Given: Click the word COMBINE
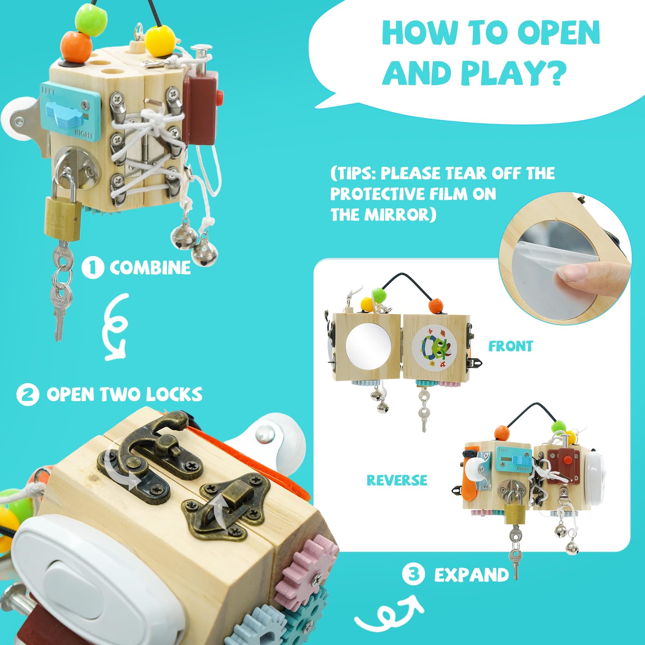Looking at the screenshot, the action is pyautogui.click(x=150, y=268).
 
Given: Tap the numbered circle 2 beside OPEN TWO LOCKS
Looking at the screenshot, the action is pyautogui.click(x=28, y=395).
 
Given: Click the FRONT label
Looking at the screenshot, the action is pyautogui.click(x=510, y=346).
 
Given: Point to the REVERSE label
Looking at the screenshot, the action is pyautogui.click(x=397, y=480).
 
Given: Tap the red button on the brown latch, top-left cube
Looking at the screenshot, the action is pyautogui.click(x=219, y=96).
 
